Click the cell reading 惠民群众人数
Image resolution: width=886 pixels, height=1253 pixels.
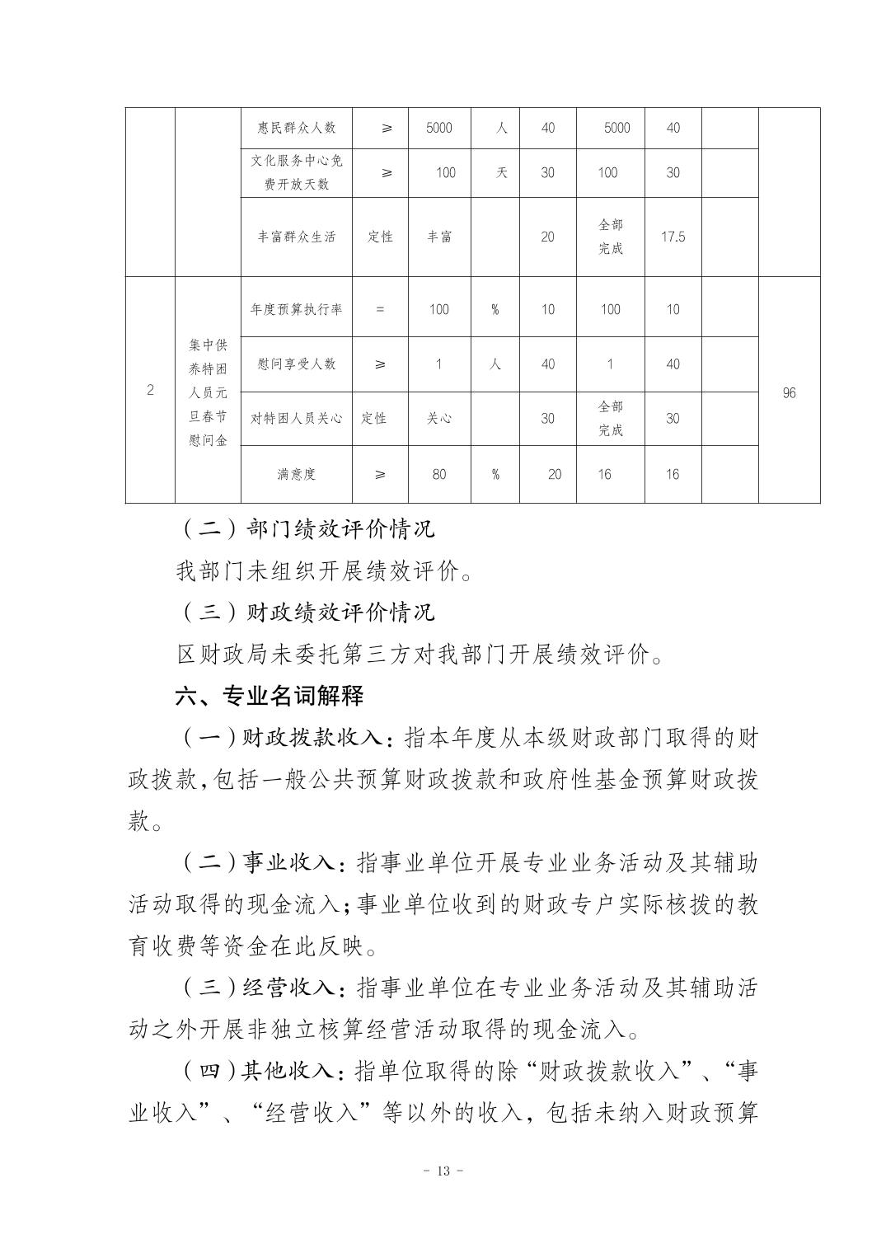click(x=297, y=128)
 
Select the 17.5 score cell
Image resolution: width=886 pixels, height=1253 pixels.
click(x=673, y=237)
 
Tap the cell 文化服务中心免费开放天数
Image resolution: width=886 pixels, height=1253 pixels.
click(x=297, y=172)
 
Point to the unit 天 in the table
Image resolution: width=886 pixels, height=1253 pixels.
click(x=501, y=172)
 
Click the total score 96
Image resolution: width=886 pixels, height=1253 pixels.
click(x=789, y=393)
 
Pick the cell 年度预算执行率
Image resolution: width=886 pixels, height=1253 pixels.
click(x=297, y=309)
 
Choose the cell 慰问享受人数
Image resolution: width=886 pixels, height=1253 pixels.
click(x=297, y=364)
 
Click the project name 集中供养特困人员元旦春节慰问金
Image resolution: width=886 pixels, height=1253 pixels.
click(x=208, y=393)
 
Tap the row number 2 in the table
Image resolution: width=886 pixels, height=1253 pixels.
click(x=150, y=390)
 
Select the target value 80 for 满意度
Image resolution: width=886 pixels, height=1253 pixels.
click(x=438, y=474)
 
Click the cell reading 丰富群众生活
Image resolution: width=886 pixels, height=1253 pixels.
click(x=297, y=237)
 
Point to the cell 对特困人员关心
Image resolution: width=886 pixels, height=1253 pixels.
click(x=297, y=418)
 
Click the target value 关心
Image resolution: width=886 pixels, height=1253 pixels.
click(x=438, y=418)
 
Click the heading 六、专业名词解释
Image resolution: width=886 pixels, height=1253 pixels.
click(x=270, y=696)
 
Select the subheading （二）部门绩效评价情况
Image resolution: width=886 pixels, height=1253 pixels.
click(x=307, y=528)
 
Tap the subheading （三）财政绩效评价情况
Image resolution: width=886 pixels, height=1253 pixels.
click(x=307, y=612)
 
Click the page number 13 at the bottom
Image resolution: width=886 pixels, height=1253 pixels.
click(x=443, y=1171)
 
